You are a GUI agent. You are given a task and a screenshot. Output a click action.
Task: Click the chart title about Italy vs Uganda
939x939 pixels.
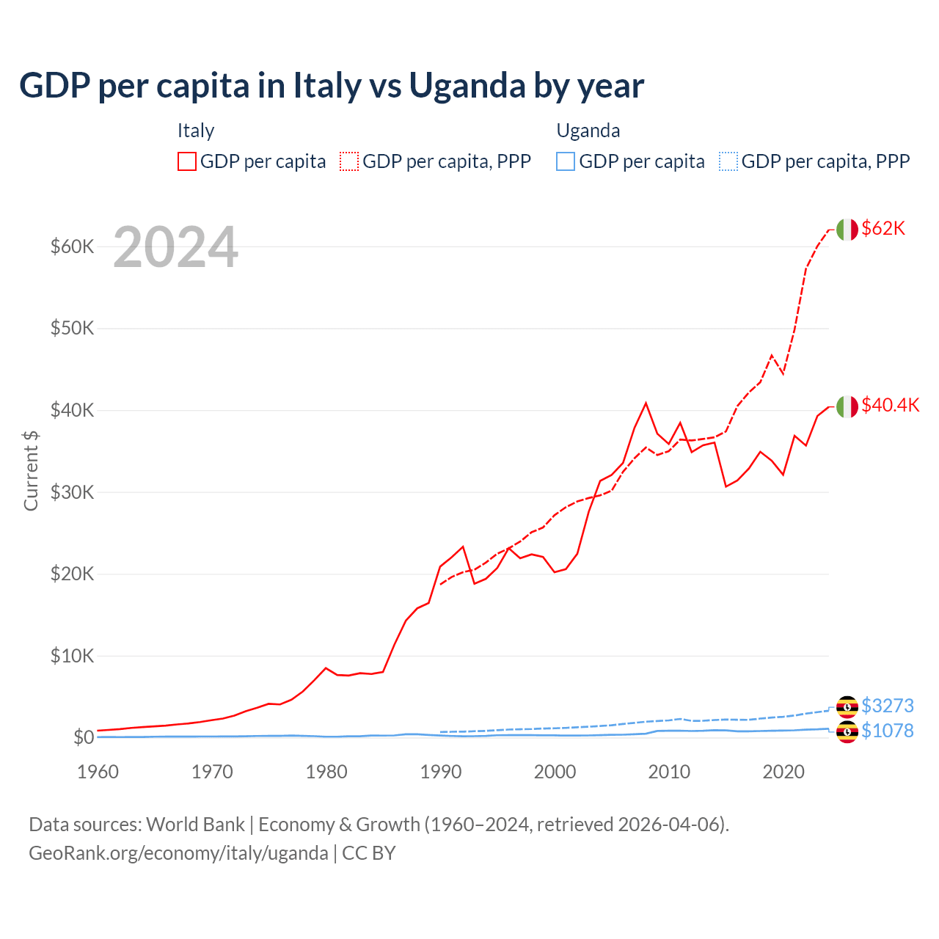[x=332, y=86]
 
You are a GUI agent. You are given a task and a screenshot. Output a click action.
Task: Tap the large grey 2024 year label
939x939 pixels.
[x=175, y=248]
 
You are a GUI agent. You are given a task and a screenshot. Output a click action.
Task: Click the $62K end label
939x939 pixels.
[x=883, y=229]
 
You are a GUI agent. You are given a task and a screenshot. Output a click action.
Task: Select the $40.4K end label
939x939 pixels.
[x=890, y=406]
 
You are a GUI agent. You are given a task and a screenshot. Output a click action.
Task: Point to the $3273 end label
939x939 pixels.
[x=887, y=706]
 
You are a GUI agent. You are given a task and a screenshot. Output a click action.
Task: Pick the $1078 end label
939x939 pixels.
[x=887, y=731]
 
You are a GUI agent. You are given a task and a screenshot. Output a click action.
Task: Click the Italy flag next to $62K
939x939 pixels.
[x=847, y=230]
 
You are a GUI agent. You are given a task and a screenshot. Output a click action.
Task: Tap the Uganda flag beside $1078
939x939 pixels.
[x=847, y=731]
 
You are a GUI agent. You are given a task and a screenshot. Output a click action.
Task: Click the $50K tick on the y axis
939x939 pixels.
[x=72, y=328]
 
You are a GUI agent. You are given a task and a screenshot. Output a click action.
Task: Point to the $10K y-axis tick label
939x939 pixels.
[x=72, y=656]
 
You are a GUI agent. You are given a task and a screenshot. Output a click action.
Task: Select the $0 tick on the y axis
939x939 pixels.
[x=83, y=737]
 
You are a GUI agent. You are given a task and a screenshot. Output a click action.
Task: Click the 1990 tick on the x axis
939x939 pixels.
[x=441, y=772]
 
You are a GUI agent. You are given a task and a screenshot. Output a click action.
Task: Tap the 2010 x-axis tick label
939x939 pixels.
[x=669, y=772]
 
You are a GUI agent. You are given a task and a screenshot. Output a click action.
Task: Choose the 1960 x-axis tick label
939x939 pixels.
[x=98, y=772]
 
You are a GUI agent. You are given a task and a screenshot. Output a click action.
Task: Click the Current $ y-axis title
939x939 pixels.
[x=31, y=470]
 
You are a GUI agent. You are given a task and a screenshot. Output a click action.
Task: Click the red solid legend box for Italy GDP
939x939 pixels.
[x=187, y=161]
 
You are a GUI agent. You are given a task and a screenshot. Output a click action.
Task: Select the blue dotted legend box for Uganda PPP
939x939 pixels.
[x=728, y=161]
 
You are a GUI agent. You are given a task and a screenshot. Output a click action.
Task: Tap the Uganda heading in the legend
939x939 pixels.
[x=588, y=131]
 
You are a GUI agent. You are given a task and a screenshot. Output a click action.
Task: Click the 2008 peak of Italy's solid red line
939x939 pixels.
[x=646, y=403]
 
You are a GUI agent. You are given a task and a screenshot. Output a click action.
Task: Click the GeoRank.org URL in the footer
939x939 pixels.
[x=178, y=853]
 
